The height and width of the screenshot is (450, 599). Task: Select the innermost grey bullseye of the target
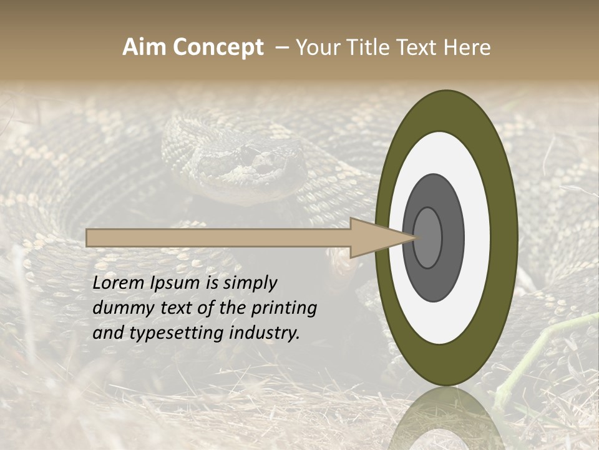point(427,237)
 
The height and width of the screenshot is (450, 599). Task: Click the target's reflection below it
point(446,419)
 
